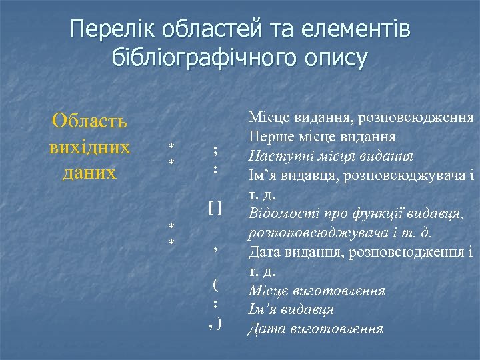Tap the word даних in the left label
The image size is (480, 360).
[89, 172]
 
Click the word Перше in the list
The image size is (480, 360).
[269, 137]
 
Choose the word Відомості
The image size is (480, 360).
[281, 214]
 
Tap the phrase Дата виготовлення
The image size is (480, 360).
[315, 329]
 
